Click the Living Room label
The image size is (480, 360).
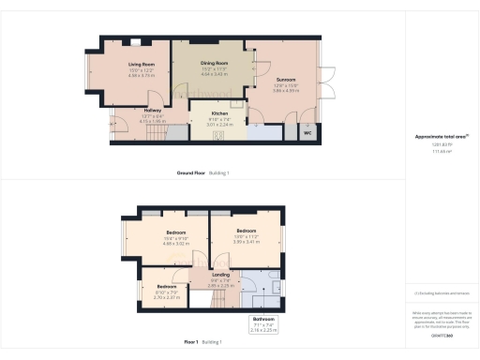[142, 65]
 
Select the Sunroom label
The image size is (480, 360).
[285, 80]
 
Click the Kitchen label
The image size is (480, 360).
[219, 113]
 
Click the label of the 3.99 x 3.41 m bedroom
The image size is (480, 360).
[246, 230]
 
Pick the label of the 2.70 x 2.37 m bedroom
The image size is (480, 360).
[166, 286]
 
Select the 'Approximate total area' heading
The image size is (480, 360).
[441, 137]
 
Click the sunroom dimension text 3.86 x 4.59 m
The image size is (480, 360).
[285, 91]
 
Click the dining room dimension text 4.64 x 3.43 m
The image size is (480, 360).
[215, 74]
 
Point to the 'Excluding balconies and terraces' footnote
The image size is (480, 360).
[441, 293]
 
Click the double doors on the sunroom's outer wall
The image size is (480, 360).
[327, 82]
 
